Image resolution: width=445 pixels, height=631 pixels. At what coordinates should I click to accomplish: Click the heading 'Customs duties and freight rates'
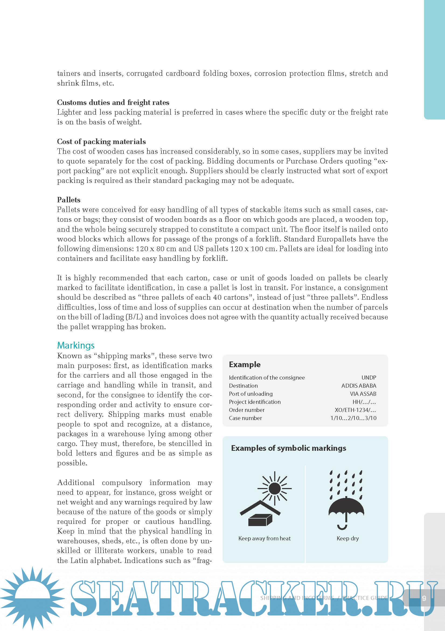[113, 103]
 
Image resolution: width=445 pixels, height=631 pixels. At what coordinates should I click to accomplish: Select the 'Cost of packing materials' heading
[101, 142]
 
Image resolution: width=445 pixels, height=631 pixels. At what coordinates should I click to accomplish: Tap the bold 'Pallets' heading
[69, 200]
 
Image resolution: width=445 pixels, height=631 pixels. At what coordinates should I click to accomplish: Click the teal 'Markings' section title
[76, 345]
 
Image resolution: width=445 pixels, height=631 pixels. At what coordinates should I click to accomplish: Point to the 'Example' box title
[245, 364]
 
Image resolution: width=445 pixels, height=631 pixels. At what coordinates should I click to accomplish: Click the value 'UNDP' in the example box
[369, 378]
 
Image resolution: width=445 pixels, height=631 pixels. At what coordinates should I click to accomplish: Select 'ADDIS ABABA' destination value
[359, 386]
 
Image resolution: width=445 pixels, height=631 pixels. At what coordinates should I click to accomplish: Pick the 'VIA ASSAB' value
[363, 394]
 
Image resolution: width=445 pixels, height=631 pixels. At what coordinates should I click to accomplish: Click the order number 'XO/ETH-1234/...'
[355, 410]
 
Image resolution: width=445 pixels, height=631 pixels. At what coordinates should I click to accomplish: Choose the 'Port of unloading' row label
[251, 394]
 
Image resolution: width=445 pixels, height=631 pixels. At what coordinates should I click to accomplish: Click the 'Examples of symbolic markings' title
[288, 448]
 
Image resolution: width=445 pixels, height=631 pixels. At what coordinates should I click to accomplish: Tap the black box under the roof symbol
[260, 520]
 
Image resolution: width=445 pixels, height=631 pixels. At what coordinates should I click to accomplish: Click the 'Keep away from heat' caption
[265, 538]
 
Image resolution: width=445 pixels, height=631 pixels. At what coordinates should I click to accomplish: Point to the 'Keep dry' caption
[347, 538]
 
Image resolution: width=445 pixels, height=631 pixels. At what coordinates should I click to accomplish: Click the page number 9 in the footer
[424, 598]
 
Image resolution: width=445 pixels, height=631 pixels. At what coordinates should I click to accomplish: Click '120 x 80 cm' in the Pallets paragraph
[156, 249]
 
